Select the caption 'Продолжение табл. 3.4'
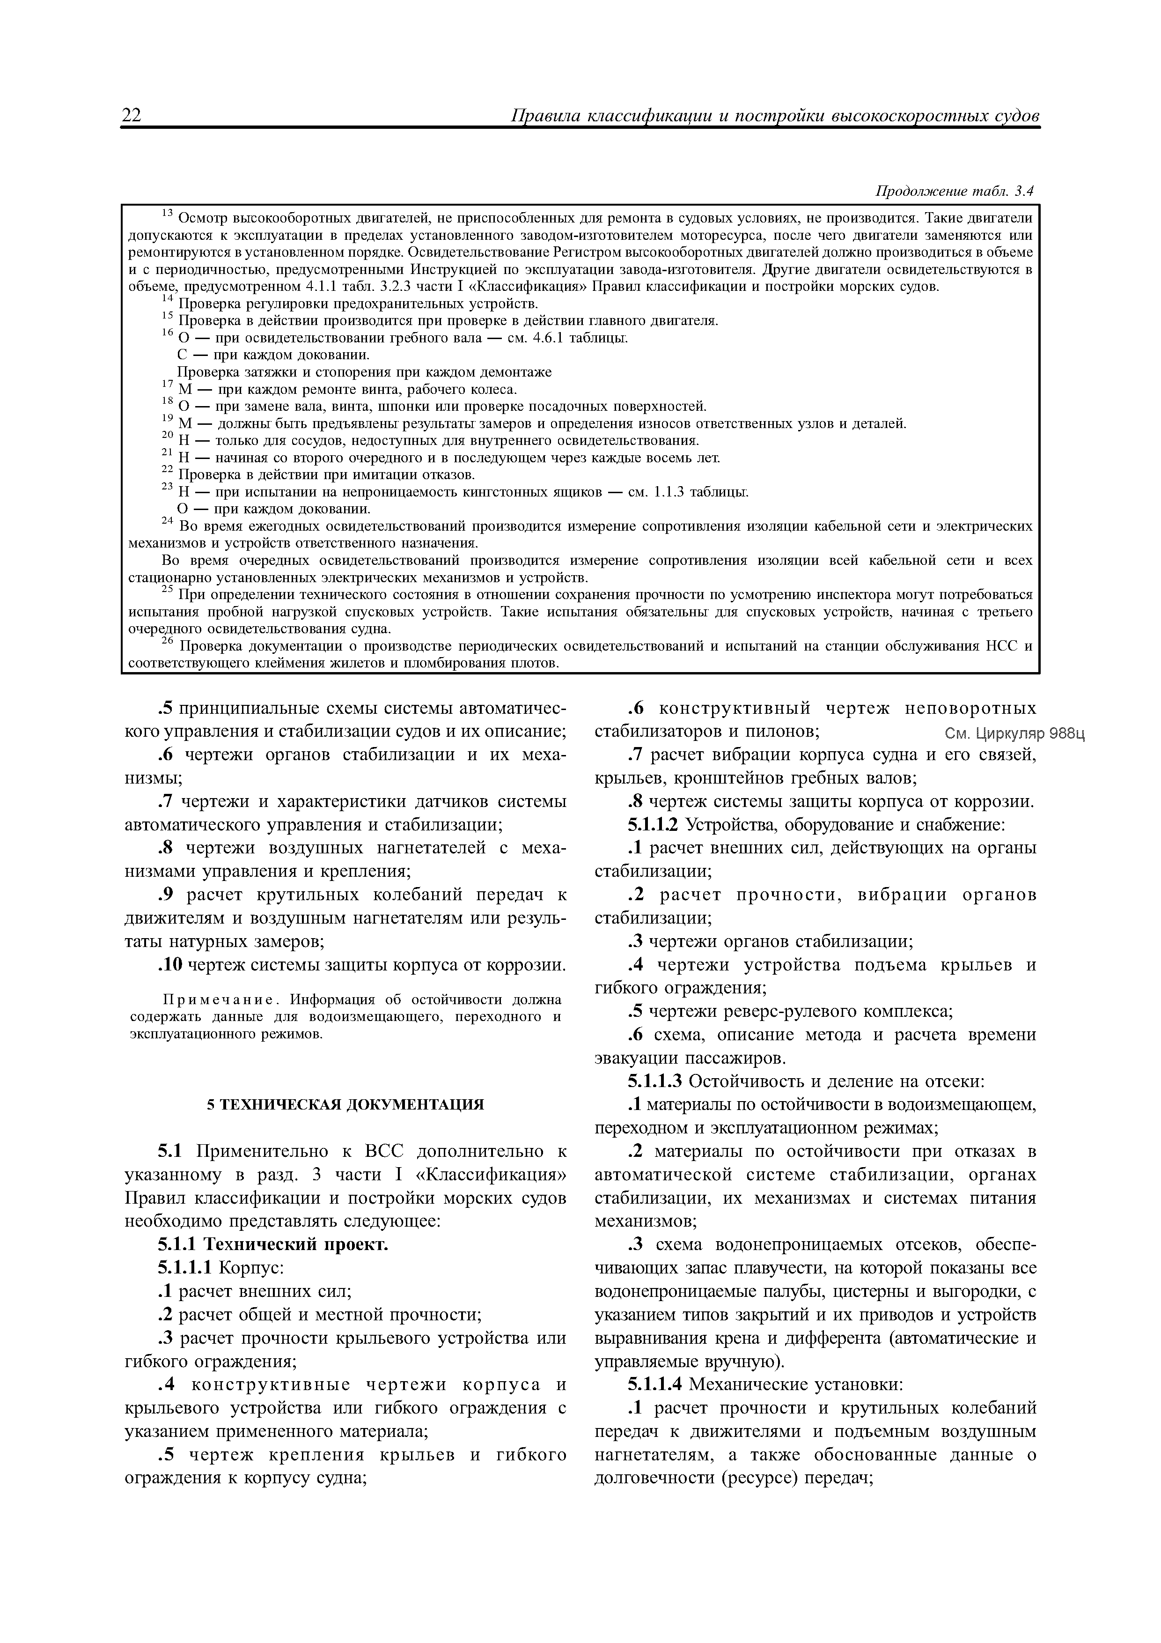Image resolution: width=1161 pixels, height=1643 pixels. pyautogui.click(x=955, y=191)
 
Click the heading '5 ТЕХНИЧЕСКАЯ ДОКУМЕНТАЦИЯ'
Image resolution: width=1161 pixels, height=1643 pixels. pyautogui.click(x=345, y=1104)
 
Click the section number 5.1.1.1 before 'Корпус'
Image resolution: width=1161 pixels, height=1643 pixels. pyautogui.click(x=184, y=1268)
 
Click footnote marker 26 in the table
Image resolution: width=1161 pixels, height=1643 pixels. pyautogui.click(x=168, y=643)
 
